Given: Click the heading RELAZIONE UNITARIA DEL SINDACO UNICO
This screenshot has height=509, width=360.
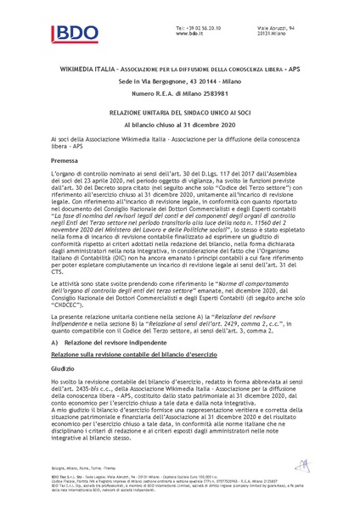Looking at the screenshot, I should point(179,111).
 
